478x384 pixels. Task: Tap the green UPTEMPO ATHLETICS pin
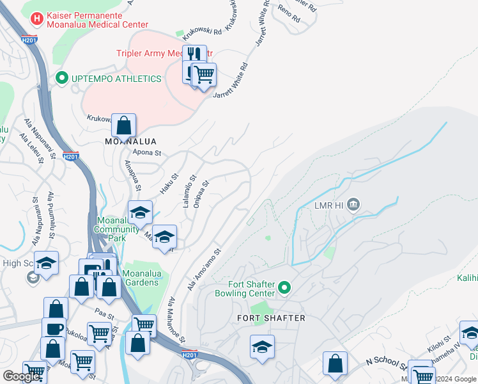click(62, 79)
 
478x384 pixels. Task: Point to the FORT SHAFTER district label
click(270, 317)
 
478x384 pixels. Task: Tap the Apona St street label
click(147, 153)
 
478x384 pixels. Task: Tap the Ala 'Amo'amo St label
click(204, 269)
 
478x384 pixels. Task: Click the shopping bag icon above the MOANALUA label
click(123, 124)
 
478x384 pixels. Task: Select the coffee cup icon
click(54, 328)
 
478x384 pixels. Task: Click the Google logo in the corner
click(22, 376)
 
